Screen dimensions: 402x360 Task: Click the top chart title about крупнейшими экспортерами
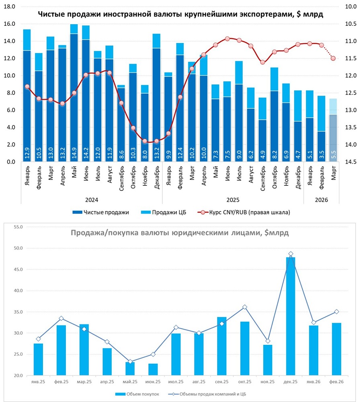coord(180,14)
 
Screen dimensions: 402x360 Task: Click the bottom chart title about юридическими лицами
coord(180,233)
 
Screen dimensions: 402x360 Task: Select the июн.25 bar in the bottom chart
coord(153,369)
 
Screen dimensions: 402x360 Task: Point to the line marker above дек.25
coord(290,254)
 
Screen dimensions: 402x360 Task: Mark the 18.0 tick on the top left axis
coord(9,7)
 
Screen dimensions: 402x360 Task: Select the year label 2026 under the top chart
coord(321,199)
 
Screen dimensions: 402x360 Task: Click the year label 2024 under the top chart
coord(92,199)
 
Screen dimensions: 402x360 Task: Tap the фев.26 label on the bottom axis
coord(337,381)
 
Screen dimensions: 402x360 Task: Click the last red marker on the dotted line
coord(333,58)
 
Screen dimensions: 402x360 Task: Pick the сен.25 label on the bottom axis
coord(222,381)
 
